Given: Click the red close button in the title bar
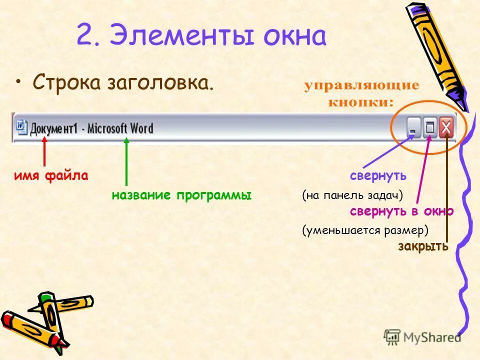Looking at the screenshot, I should [446, 129].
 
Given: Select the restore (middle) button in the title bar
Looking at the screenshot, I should [429, 129].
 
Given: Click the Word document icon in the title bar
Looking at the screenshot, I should [21, 127].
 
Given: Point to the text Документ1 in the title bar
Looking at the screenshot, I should [54, 128].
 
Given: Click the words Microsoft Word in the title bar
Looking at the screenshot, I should [120, 128].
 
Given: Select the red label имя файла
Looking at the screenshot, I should [51, 176].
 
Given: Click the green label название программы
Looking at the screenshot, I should [181, 195].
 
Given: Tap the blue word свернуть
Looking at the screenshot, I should [378, 176].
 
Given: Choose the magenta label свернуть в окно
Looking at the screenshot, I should [401, 211].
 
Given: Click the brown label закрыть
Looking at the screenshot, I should [423, 246].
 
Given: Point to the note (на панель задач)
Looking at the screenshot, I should [352, 195].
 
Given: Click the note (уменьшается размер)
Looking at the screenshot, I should [365, 230].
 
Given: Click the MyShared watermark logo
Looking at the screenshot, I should [422, 337].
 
